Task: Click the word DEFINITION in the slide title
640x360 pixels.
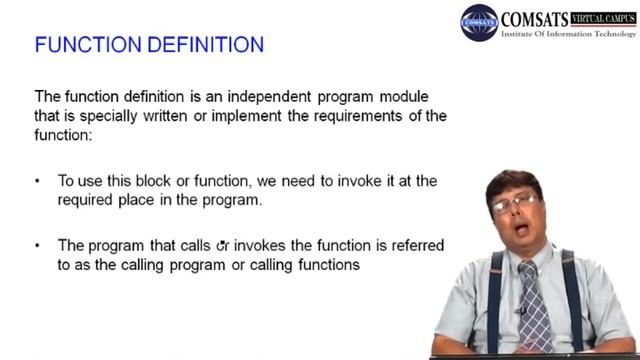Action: [x=205, y=46]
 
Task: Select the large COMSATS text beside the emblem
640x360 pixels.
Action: [x=536, y=18]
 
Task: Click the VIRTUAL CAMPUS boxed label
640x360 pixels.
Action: [x=604, y=17]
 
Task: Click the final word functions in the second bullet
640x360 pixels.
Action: [x=324, y=265]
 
